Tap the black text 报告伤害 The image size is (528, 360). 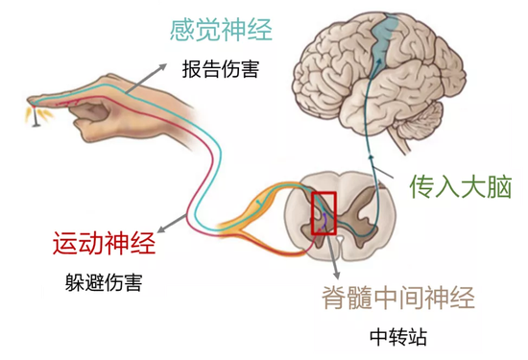[220, 69]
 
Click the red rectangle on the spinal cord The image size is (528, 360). [324, 213]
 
